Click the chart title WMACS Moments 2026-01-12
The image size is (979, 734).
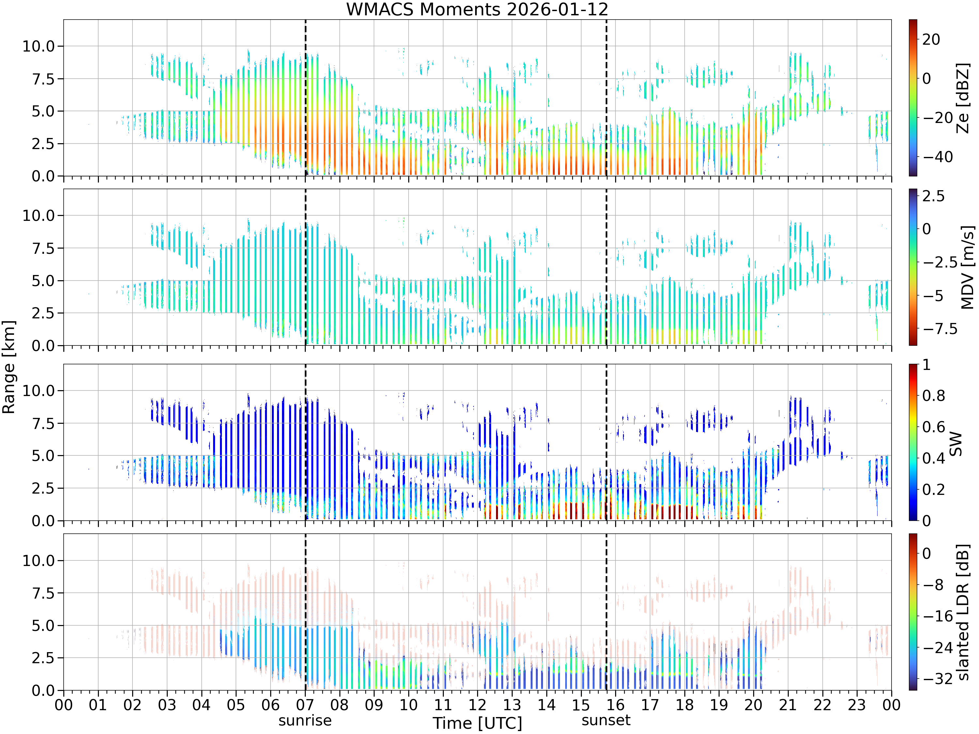click(477, 9)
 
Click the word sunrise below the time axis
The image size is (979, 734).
click(305, 720)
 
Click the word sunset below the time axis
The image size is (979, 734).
click(606, 720)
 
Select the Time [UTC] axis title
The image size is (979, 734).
click(477, 723)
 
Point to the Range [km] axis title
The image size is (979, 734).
click(8, 367)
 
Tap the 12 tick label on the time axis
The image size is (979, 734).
click(477, 704)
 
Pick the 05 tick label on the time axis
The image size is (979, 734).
click(236, 704)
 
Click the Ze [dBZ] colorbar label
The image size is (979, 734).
click(963, 98)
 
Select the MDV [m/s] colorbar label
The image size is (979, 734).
click(968, 267)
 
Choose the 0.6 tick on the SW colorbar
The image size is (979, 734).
click(933, 427)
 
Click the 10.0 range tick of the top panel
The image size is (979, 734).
click(39, 46)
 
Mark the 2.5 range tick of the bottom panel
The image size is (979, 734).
click(43, 658)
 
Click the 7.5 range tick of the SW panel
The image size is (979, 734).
click(43, 423)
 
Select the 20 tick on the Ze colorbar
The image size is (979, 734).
click(931, 39)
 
